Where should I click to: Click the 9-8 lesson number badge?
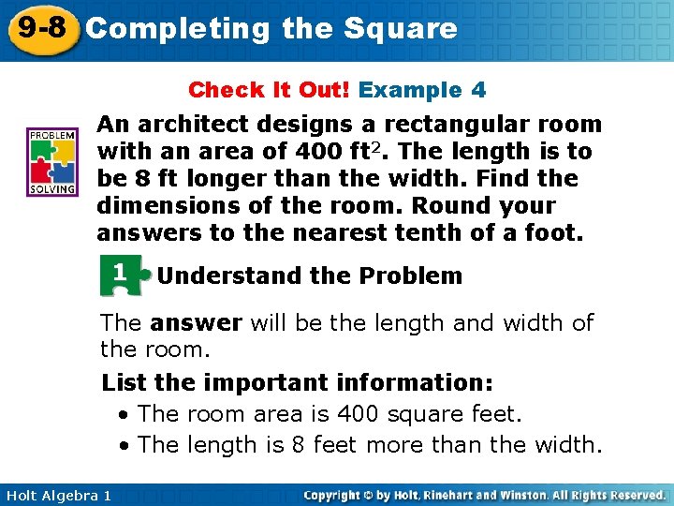pyautogui.click(x=39, y=27)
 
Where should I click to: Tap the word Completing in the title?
pyautogui.click(x=178, y=29)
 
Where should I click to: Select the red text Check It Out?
pyautogui.click(x=270, y=91)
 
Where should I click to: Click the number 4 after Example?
pyautogui.click(x=478, y=91)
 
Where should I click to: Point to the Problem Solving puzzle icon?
pyautogui.click(x=51, y=161)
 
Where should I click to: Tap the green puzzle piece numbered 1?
pyautogui.click(x=122, y=275)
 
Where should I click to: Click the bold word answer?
pyautogui.click(x=195, y=323)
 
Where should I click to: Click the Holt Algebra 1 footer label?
pyautogui.click(x=57, y=495)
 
